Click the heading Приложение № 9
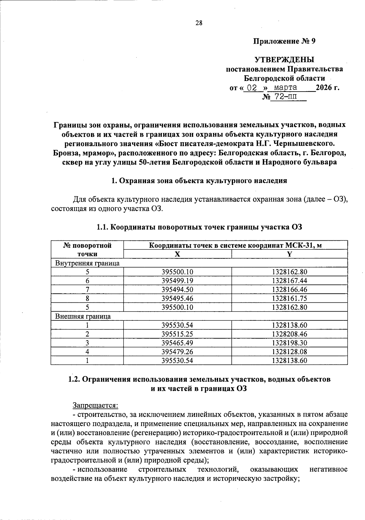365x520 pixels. (x=284, y=41)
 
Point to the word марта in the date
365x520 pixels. (x=286, y=88)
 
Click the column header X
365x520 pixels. (x=177, y=254)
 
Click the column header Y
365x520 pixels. (x=290, y=254)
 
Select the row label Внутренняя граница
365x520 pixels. (x=87, y=263)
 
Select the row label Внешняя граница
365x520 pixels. (x=83, y=316)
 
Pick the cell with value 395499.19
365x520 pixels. (x=177, y=281)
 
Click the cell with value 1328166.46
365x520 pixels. (x=290, y=289)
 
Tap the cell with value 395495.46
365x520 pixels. (x=177, y=298)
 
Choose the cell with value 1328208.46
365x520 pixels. (x=290, y=334)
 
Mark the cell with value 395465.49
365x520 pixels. (x=177, y=343)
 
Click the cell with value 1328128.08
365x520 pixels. (x=290, y=352)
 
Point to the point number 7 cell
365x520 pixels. (x=87, y=289)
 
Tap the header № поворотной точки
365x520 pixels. (x=87, y=250)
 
